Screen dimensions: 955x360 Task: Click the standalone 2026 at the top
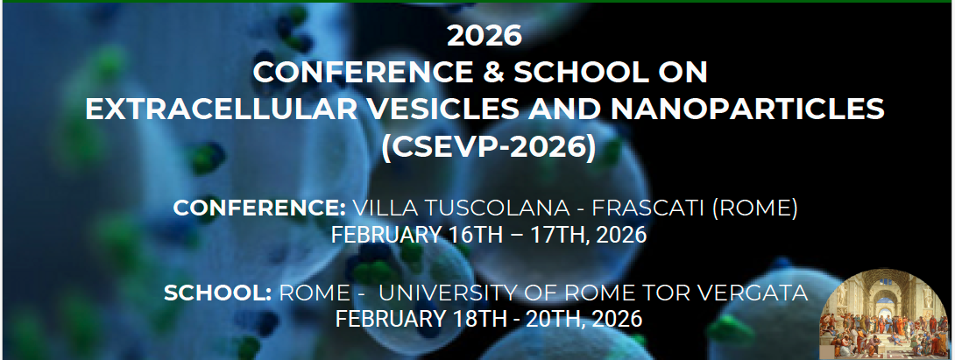(x=485, y=36)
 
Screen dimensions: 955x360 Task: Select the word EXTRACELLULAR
(x=221, y=109)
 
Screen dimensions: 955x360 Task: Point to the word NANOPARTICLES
(x=747, y=109)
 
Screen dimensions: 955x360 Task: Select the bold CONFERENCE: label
(x=259, y=208)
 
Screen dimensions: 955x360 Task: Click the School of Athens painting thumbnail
(x=886, y=314)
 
